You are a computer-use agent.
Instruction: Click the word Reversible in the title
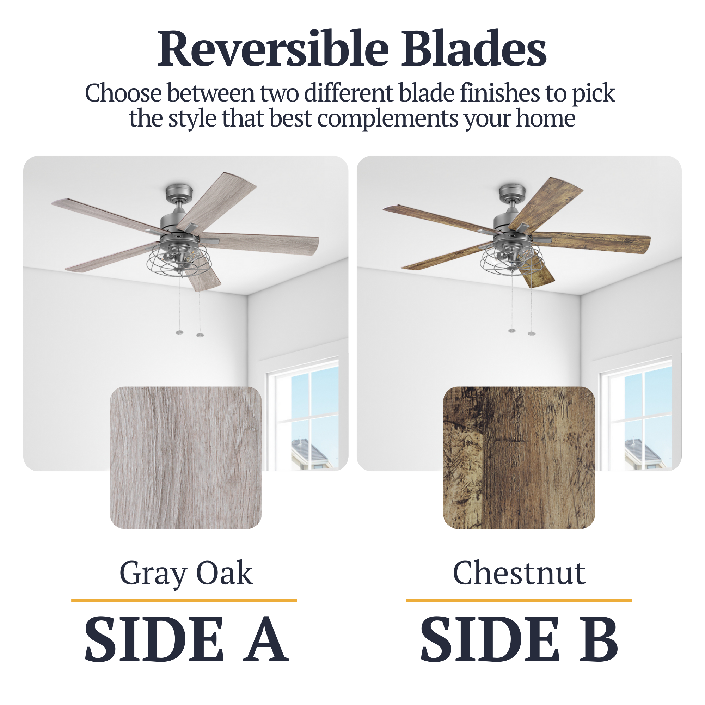(x=273, y=49)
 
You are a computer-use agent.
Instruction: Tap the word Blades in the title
(x=474, y=49)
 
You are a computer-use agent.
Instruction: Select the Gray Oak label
(x=186, y=574)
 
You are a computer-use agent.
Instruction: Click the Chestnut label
(x=519, y=573)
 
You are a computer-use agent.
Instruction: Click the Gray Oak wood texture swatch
(x=186, y=458)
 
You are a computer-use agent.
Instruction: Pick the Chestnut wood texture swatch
(x=519, y=458)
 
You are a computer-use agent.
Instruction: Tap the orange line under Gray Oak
(x=184, y=600)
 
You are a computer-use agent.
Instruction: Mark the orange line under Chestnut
(x=519, y=600)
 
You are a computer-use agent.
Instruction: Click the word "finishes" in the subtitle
(x=499, y=93)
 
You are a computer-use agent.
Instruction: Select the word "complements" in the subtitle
(x=387, y=119)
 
